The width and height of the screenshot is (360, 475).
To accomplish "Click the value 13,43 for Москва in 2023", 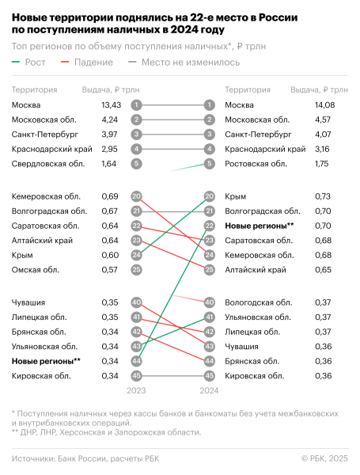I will [110, 104].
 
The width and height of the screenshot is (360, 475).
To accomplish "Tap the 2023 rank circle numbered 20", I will [137, 196].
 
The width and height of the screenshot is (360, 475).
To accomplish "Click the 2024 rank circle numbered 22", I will [209, 226].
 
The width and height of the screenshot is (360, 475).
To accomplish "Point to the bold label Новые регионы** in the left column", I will [44, 361].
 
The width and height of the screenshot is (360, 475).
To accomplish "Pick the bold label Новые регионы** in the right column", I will [260, 226].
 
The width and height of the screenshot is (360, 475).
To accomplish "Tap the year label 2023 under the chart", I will [137, 390].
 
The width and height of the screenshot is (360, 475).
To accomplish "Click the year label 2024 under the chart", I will [209, 390].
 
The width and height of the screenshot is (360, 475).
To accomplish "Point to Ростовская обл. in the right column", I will [256, 164].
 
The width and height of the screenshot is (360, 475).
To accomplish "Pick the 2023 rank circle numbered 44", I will [137, 361].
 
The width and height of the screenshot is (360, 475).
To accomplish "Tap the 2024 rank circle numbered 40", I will [209, 302].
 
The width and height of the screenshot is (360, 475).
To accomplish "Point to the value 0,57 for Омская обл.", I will [109, 270].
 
